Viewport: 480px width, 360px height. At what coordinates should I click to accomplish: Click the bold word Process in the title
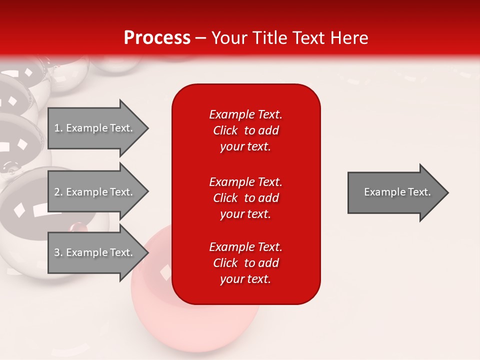pyautogui.click(x=157, y=38)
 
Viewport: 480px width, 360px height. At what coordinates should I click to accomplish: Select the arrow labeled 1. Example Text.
pyautogui.click(x=95, y=128)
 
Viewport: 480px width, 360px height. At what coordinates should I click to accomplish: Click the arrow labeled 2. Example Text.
pyautogui.click(x=95, y=192)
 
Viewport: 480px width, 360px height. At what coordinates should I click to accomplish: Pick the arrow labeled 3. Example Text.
pyautogui.click(x=95, y=252)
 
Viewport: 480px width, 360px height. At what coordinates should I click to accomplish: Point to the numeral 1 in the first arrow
pyautogui.click(x=57, y=128)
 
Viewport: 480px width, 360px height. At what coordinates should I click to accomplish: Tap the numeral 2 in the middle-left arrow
pyautogui.click(x=57, y=192)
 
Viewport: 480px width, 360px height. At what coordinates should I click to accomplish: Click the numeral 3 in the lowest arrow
pyautogui.click(x=57, y=252)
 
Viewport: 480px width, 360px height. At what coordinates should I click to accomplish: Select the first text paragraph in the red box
pyautogui.click(x=245, y=130)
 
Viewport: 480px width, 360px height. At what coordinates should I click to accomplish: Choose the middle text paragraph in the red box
pyautogui.click(x=245, y=198)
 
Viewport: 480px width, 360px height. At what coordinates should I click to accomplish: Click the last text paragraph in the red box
pyautogui.click(x=245, y=263)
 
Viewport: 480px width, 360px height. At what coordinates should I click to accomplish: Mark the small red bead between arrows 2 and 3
pyautogui.click(x=77, y=227)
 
